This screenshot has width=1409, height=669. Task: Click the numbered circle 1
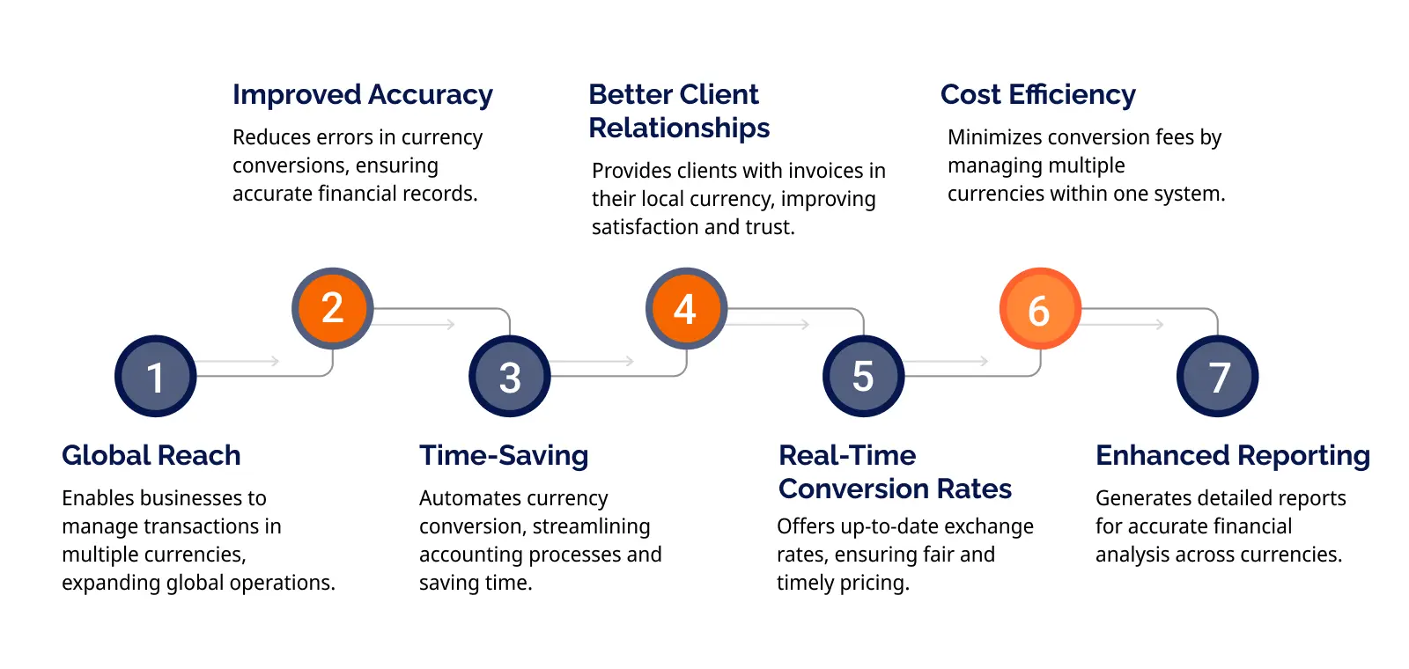[x=155, y=376]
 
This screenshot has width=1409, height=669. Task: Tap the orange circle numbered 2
[x=333, y=308]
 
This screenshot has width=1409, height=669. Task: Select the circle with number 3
[x=510, y=376]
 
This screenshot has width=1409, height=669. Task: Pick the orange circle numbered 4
[x=686, y=308]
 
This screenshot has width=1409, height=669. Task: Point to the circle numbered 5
[x=864, y=376]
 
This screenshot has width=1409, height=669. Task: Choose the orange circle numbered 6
[x=1040, y=308]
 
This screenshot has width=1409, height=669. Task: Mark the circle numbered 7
[x=1218, y=376]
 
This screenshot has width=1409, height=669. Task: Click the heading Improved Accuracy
[x=363, y=96]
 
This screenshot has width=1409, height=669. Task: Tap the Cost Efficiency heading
[x=1038, y=95]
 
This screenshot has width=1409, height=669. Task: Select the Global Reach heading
[x=151, y=455]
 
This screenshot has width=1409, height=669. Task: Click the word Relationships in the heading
[x=679, y=129]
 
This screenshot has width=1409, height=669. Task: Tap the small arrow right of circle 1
[x=238, y=361]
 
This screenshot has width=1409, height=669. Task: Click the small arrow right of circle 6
[x=1123, y=325]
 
